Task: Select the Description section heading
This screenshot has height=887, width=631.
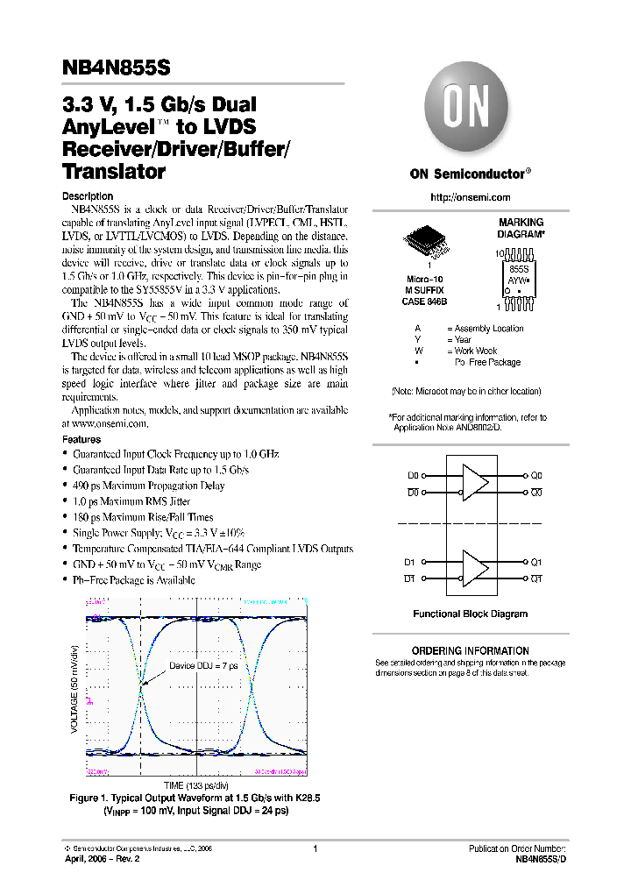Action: pyautogui.click(x=88, y=195)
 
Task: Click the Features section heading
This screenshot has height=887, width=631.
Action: pyautogui.click(x=81, y=439)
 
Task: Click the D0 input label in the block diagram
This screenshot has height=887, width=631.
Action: pyautogui.click(x=414, y=475)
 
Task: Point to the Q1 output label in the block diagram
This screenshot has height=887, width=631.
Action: pyautogui.click(x=536, y=562)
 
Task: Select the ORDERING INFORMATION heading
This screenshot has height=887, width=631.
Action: pyautogui.click(x=470, y=650)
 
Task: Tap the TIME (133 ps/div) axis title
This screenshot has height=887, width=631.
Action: pyautogui.click(x=197, y=785)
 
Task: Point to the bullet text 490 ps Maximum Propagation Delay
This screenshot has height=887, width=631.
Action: pyautogui.click(x=148, y=486)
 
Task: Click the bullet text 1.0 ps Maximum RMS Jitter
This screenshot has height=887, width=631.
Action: pyautogui.click(x=131, y=501)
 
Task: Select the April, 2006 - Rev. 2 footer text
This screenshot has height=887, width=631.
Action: pyautogui.click(x=102, y=859)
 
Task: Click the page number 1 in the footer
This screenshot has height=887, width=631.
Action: pyautogui.click(x=314, y=848)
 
